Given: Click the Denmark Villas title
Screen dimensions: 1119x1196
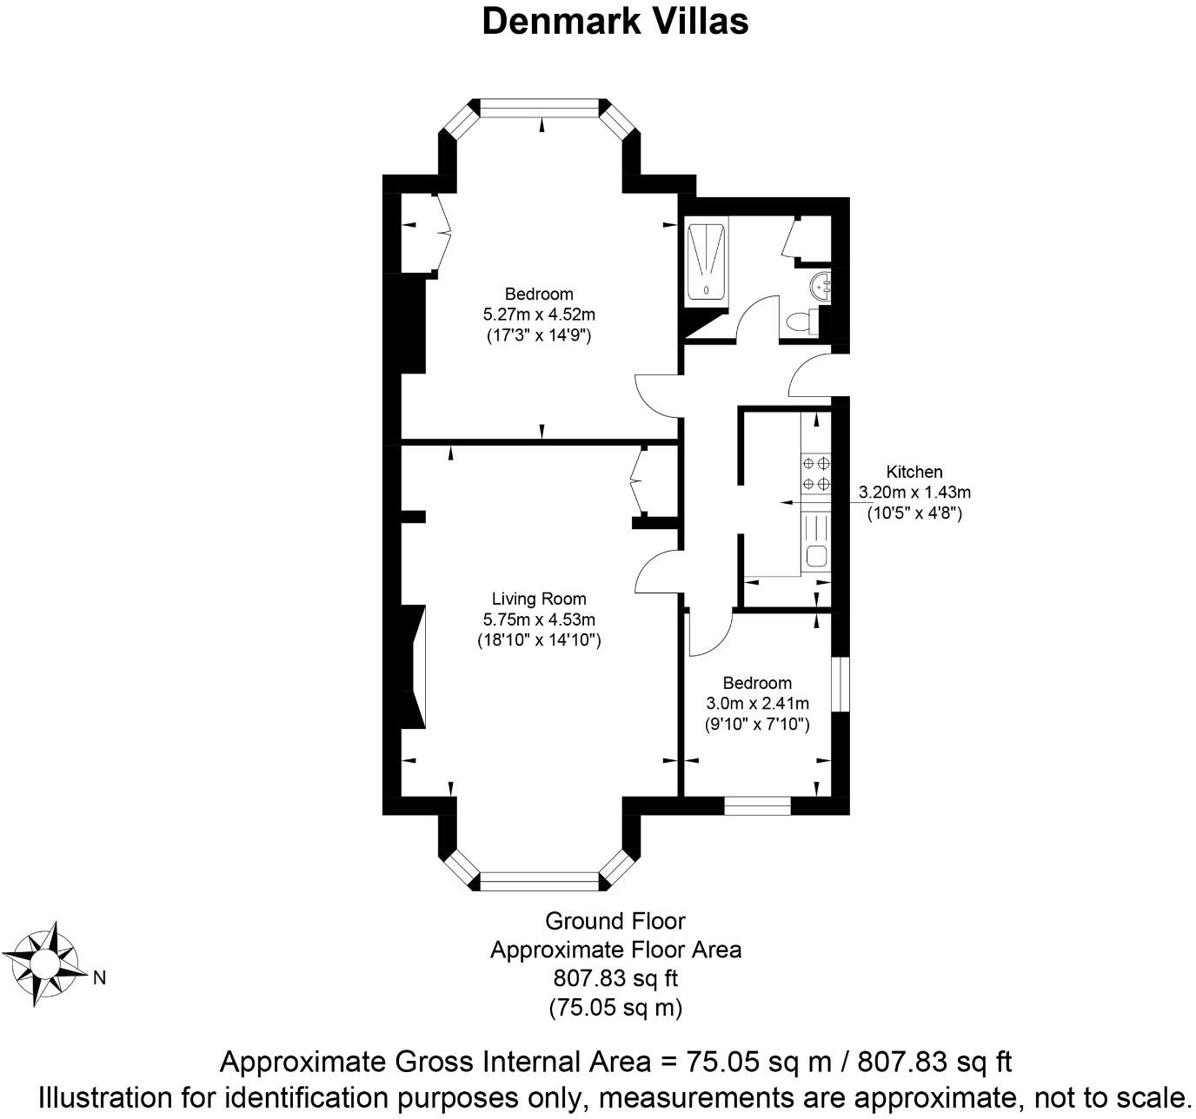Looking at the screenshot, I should coord(615,21).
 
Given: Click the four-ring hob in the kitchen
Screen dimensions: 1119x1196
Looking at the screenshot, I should coord(816,473).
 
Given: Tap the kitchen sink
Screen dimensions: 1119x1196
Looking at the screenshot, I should coord(816,555).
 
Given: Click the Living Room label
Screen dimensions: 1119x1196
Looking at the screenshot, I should coord(539,599).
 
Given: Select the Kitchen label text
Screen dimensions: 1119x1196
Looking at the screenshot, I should coord(914,472).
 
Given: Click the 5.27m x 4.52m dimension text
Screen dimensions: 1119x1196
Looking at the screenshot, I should coord(539,314).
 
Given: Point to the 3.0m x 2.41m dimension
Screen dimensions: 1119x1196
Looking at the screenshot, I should coord(756,703).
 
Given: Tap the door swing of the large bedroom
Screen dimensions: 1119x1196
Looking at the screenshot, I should coord(657,395).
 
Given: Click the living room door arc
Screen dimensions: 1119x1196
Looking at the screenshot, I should coord(657,573).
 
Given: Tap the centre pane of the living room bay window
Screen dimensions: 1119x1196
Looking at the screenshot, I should coord(539,882).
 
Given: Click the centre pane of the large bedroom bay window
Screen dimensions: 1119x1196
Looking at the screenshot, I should coord(539,108).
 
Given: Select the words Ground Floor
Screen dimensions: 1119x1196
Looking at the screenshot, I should coord(615,921).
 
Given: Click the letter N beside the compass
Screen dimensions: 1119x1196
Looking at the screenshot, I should coord(99,978).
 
